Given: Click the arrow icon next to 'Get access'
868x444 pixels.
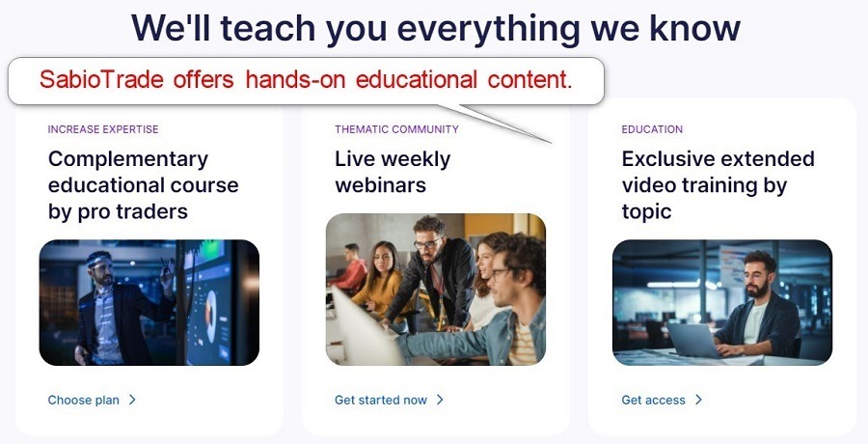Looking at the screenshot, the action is (698, 400).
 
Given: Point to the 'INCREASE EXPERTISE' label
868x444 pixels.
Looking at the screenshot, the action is (103, 129).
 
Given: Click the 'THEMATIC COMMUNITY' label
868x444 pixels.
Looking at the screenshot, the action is (396, 129).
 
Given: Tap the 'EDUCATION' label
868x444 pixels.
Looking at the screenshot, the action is (652, 129).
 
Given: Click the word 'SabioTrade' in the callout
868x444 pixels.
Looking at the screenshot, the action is (101, 80).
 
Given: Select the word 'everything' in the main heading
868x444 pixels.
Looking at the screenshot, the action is (488, 29).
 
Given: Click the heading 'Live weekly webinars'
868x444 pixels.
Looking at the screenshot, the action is (393, 172).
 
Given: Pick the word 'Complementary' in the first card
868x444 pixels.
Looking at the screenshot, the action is (128, 159).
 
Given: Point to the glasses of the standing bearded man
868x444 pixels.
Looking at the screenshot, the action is (427, 243).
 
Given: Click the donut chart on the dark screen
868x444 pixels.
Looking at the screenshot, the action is (211, 315).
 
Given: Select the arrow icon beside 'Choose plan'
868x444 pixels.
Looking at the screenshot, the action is (132, 400).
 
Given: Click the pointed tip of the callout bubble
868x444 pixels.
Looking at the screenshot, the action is (552, 143).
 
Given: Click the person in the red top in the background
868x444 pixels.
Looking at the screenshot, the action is (350, 267).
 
